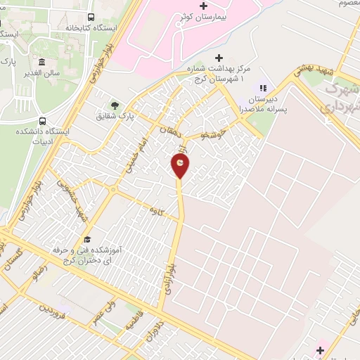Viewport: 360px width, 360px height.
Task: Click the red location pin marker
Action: coord(180,165)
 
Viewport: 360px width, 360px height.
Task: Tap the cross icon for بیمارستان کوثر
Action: coord(203,6)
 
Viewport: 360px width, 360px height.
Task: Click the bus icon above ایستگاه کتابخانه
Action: coord(91,17)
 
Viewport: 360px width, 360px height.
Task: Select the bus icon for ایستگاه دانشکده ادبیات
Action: coord(43,120)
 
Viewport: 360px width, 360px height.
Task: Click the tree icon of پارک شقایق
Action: coord(115,103)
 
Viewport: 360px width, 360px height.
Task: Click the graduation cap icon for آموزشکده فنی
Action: coord(87,239)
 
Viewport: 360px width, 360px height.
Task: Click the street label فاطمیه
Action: coord(134,321)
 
